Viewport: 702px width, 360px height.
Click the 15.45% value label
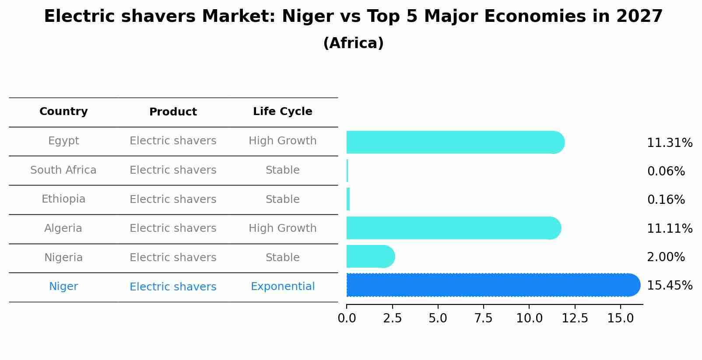669,286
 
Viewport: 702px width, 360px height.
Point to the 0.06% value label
666,171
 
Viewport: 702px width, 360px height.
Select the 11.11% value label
669,229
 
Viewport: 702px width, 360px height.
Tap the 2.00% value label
666,257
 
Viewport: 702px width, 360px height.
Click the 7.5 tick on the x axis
483,318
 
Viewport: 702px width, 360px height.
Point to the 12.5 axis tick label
574,318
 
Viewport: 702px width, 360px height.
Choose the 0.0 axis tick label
347,318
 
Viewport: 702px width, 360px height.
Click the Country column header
63,112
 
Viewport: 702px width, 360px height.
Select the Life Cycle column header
282,112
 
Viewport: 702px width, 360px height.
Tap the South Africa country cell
63,170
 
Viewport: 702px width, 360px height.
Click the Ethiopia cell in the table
63,199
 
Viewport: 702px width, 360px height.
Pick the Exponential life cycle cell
282,287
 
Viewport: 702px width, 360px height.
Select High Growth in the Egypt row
282,141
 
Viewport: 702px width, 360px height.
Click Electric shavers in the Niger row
173,287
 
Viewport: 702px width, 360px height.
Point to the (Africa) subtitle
353,43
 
